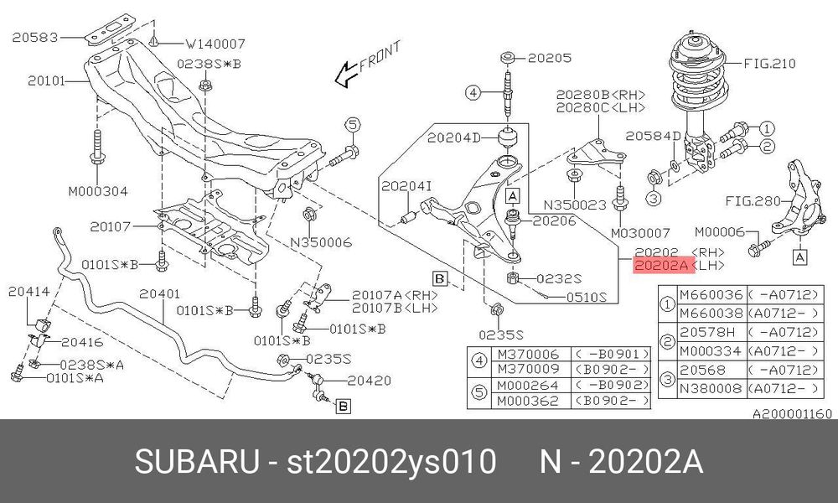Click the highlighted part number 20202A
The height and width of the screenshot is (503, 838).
tap(664, 265)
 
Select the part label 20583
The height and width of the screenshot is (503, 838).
tap(34, 38)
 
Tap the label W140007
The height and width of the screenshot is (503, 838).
tap(215, 44)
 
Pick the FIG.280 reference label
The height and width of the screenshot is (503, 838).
tap(753, 201)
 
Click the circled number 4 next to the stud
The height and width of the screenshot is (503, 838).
tap(473, 93)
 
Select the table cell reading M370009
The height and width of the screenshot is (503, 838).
tap(528, 370)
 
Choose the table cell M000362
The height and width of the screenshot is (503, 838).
tap(528, 401)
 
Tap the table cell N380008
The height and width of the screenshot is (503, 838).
tap(711, 389)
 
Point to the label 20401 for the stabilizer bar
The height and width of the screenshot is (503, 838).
tap(159, 294)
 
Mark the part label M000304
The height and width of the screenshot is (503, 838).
tap(98, 191)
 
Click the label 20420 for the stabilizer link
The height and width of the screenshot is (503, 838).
tap(370, 381)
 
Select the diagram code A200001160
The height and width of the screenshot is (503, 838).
tap(793, 414)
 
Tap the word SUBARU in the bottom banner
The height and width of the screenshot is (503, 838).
tap(196, 462)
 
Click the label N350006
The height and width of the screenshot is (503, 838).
tap(321, 242)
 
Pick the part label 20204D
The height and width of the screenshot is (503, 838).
tap(453, 138)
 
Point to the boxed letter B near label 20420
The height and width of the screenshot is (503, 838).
tap(343, 407)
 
